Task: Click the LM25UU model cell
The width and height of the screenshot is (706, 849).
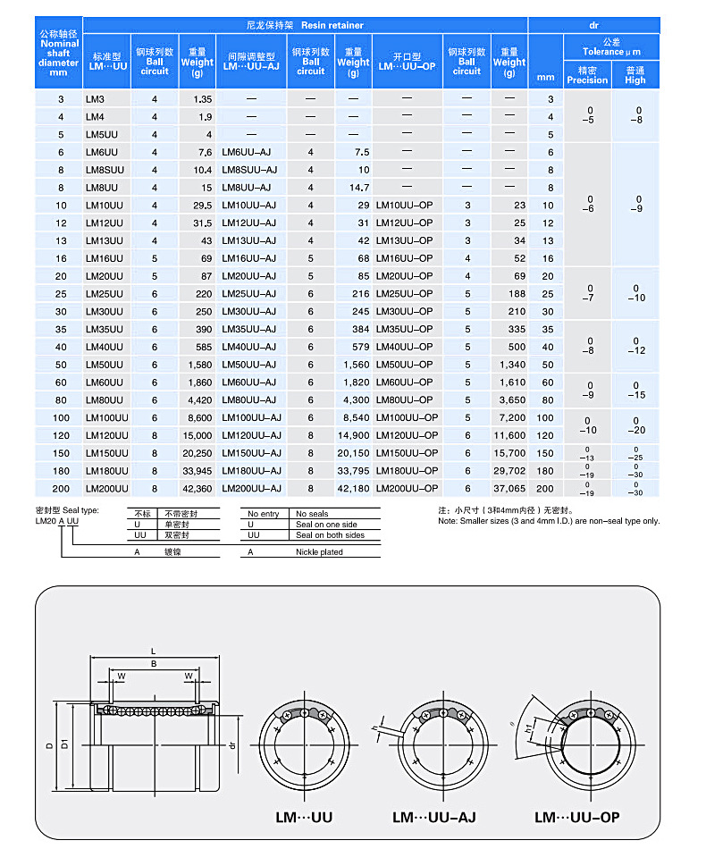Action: [x=104, y=293]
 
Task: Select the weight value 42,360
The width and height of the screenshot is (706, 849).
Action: [x=196, y=489]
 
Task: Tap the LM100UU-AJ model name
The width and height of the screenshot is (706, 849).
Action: [x=251, y=417]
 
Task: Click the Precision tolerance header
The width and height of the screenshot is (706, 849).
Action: [x=586, y=74]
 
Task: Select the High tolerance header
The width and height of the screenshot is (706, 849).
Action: [x=635, y=74]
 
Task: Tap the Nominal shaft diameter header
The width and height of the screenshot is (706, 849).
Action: [x=58, y=53]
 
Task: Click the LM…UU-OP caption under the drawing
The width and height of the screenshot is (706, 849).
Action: [x=576, y=816]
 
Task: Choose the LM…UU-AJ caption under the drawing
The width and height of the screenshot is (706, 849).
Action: [x=433, y=816]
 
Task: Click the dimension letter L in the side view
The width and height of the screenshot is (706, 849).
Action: [x=154, y=650]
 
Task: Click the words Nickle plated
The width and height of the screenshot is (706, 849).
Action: [x=319, y=552]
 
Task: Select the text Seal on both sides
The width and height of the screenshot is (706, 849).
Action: [x=330, y=535]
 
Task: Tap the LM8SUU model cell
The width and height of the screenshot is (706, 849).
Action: [x=105, y=170]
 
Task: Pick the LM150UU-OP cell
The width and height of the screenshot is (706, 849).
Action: [x=407, y=453]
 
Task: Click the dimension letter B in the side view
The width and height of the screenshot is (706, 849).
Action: [x=154, y=664]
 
